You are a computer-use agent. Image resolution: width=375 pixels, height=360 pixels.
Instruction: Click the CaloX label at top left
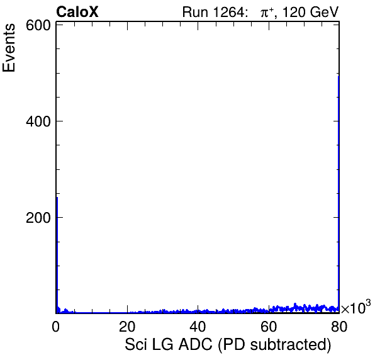tap(77, 12)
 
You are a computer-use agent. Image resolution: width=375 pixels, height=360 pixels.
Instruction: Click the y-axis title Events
tap(9, 48)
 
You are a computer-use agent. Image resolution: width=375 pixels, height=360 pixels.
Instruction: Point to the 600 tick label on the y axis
tap(38, 25)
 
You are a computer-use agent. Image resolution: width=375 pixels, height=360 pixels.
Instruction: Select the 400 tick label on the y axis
tap(38, 121)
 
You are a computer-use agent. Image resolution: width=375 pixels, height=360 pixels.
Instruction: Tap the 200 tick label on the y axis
tap(38, 218)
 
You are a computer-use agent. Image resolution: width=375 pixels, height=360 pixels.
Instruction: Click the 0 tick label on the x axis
tap(56, 326)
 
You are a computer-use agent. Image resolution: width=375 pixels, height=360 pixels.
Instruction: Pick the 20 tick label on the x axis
tap(127, 326)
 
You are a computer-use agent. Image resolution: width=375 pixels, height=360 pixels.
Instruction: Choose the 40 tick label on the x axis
tap(198, 326)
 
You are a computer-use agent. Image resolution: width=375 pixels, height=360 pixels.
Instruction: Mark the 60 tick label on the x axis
tap(269, 326)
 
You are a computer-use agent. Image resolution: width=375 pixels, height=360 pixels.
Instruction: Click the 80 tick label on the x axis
tap(339, 326)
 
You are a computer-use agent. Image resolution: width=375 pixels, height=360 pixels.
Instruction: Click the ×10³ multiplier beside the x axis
tap(356, 307)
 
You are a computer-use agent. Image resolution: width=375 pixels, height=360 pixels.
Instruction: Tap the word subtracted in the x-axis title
tap(290, 345)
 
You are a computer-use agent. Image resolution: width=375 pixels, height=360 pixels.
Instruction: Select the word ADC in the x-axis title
tap(196, 344)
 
